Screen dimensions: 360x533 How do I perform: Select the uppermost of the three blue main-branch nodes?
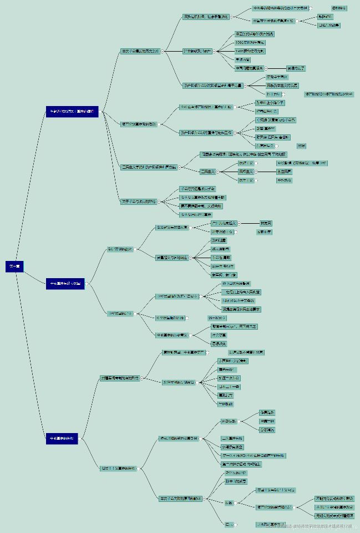pos(72,112)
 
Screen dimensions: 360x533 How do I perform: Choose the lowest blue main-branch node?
pos(62,439)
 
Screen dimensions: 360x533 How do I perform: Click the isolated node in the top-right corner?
pos(339,8)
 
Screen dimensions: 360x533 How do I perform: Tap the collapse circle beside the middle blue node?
pos(87,283)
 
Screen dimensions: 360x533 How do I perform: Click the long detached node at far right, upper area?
pos(328,94)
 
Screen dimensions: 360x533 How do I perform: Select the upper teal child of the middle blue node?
pos(120,249)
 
